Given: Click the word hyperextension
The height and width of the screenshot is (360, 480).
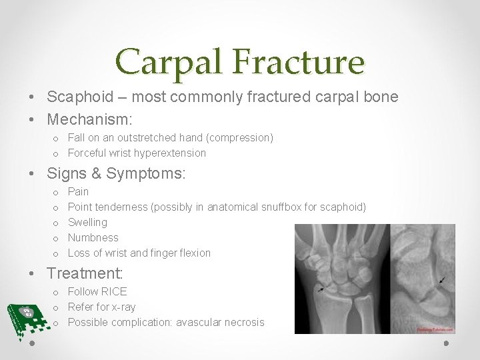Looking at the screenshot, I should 170,153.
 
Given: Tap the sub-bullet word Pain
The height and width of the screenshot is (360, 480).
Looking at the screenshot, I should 78,191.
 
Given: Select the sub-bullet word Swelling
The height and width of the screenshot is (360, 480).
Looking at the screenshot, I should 87,222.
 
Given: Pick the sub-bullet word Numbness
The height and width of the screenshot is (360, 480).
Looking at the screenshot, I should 93,237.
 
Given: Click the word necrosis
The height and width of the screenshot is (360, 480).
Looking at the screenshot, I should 243,322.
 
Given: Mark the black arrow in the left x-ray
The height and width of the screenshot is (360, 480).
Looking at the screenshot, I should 322,289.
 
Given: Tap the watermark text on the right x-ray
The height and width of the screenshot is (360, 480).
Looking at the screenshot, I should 435,329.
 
